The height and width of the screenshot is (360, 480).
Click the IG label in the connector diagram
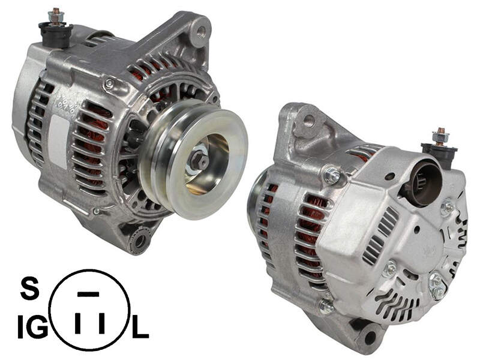(32, 327)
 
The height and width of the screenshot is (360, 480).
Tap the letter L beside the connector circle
(140, 327)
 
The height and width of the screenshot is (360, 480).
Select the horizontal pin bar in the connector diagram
(88, 295)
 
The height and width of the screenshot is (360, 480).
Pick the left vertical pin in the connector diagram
(78, 323)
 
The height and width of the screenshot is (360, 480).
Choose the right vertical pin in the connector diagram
(102, 323)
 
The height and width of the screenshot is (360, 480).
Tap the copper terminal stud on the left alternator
(56, 16)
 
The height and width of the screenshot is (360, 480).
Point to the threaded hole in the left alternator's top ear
(201, 31)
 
